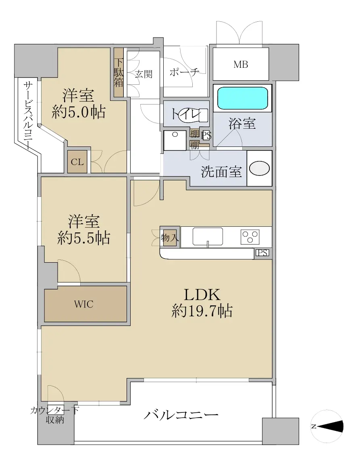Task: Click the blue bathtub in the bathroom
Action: [243, 98]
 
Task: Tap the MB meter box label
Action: [241, 64]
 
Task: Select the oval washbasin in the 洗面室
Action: [259, 168]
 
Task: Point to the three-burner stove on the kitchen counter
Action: [250, 237]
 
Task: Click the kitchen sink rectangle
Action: [208, 236]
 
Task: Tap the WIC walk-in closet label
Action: [83, 304]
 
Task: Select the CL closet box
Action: [77, 162]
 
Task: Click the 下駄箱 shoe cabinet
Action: [119, 73]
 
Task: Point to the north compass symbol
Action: [327, 426]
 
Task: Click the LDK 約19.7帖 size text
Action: [202, 303]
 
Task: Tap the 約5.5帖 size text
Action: [83, 238]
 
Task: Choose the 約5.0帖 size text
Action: [79, 112]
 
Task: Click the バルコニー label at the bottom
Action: [181, 415]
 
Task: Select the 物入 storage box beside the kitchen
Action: [169, 237]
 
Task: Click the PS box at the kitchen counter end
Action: [262, 253]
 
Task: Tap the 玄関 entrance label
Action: [144, 74]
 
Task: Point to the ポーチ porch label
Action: [184, 72]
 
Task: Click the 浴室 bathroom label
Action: [242, 123]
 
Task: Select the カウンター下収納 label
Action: [55, 415]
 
